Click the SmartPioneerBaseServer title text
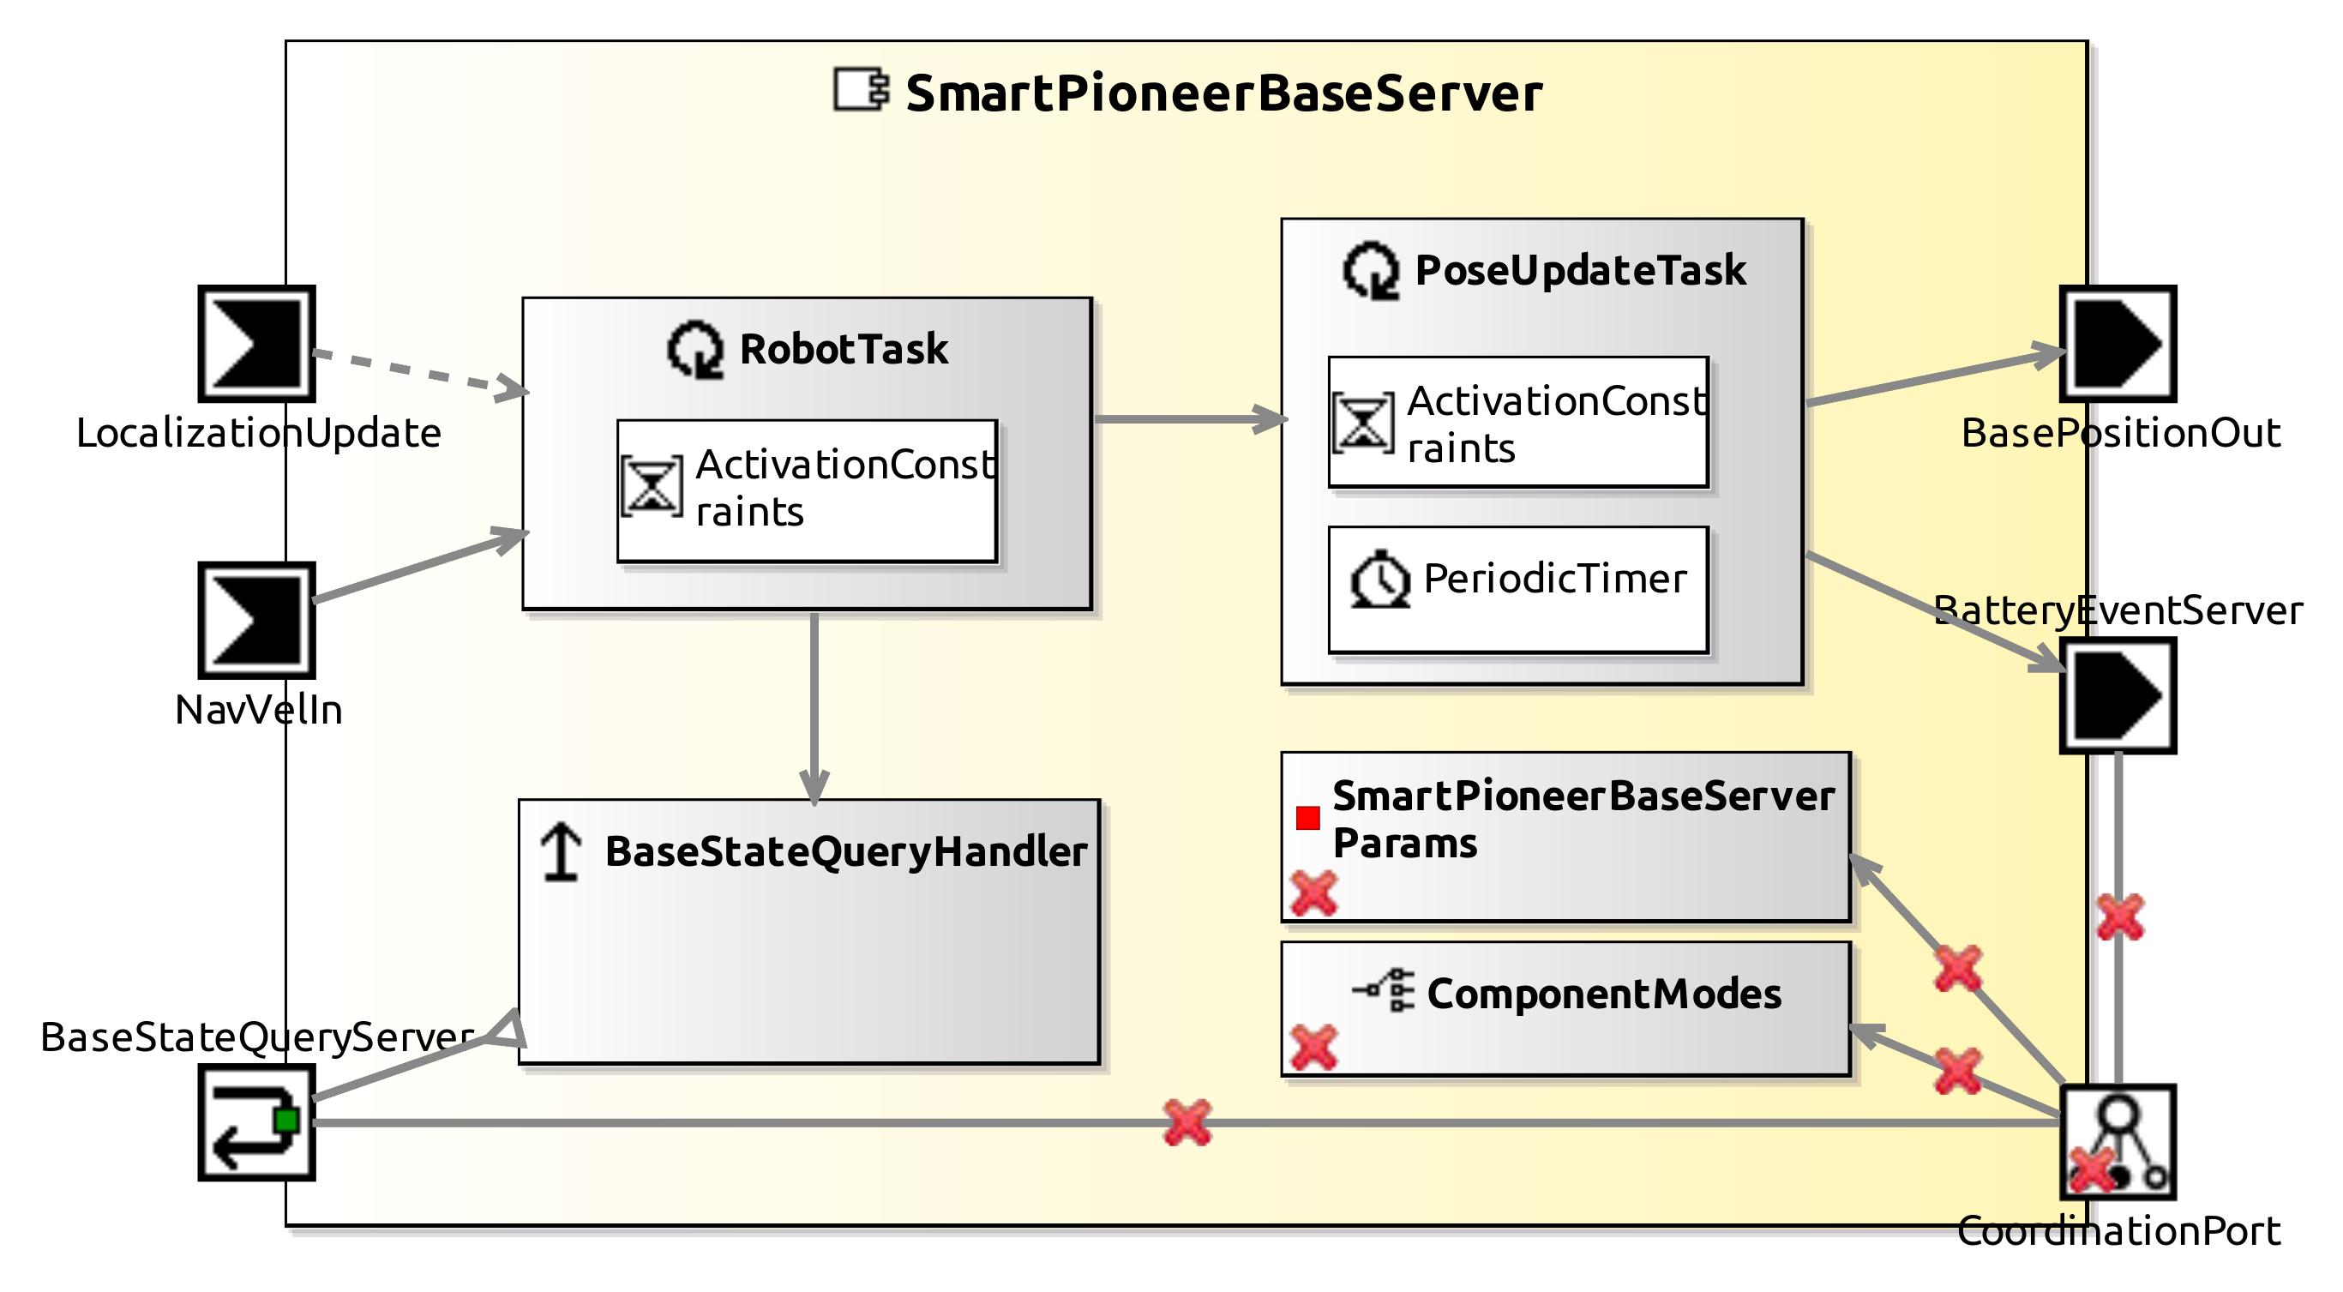(1223, 93)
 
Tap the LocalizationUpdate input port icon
(257, 344)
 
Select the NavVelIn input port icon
(257, 621)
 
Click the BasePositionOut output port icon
(2118, 344)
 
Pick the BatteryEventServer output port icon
(2118, 695)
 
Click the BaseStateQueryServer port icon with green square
(257, 1123)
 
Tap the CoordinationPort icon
(2118, 1142)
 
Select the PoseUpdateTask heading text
(1580, 270)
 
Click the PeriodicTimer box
(1517, 589)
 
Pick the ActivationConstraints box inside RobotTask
(807, 490)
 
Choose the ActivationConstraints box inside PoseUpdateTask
(1517, 422)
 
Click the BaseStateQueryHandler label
(845, 852)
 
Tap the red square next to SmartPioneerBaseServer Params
(1308, 818)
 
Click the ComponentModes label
(1602, 994)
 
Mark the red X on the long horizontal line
(1187, 1122)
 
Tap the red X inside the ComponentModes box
(1313, 1048)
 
